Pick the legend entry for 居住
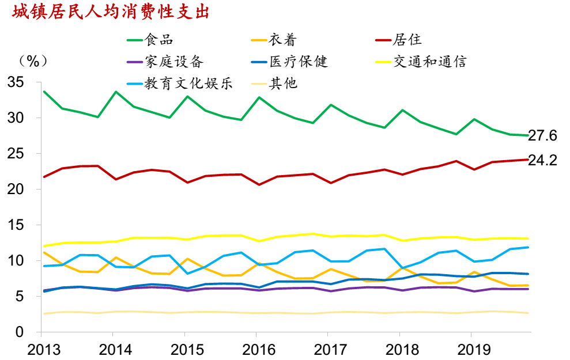click(x=407, y=40)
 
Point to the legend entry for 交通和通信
click(x=429, y=62)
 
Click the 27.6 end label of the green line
click(x=543, y=136)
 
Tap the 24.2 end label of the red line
click(x=543, y=161)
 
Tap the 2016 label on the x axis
click(x=256, y=349)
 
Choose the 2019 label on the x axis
click(x=471, y=349)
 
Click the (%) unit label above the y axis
click(x=33, y=60)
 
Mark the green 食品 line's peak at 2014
click(x=116, y=92)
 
